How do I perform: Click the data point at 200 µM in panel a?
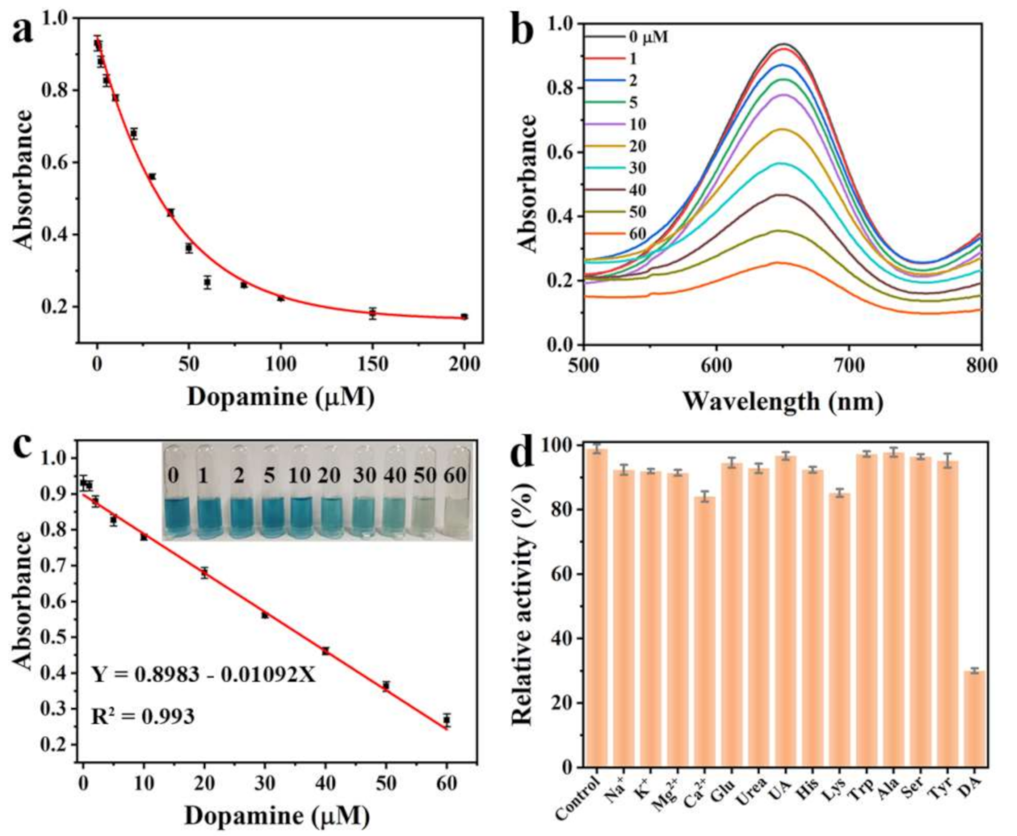click(464, 316)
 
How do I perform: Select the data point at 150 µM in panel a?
click(372, 313)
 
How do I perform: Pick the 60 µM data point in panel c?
click(446, 719)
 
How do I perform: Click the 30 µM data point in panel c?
click(265, 615)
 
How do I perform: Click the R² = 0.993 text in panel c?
click(143, 717)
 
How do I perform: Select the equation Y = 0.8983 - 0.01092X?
click(204, 674)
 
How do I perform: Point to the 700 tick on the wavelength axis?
click(848, 365)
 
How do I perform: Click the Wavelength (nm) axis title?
click(782, 400)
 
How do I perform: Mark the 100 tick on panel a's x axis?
click(281, 364)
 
